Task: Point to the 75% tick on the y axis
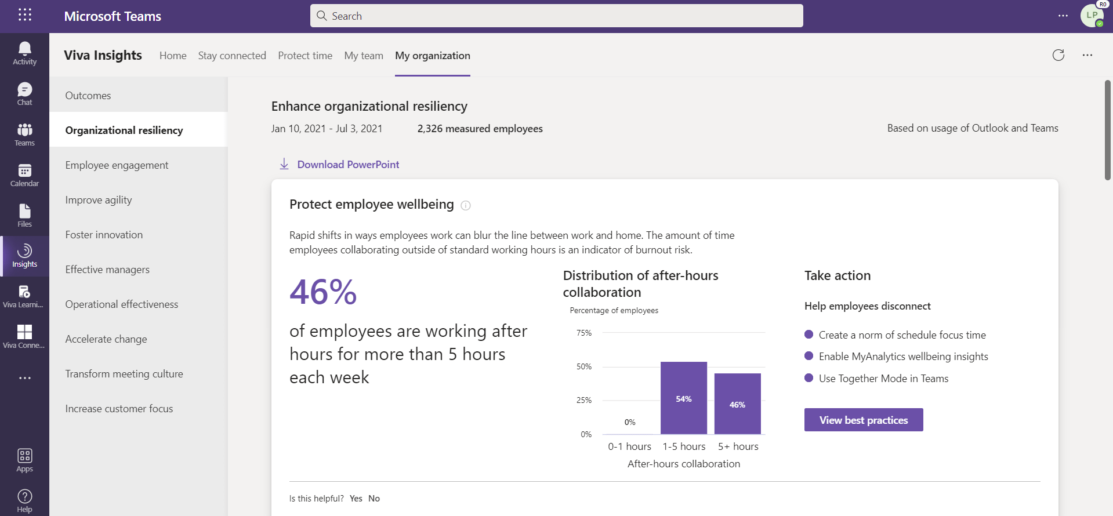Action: click(x=583, y=333)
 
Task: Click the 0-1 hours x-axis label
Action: click(x=629, y=446)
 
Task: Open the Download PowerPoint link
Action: click(x=347, y=165)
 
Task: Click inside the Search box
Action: click(x=556, y=16)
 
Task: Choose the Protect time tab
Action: click(x=305, y=56)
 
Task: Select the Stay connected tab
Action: click(x=232, y=56)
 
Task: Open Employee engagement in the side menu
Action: click(x=117, y=165)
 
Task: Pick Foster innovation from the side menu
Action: click(x=104, y=235)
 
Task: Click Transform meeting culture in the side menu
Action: click(x=124, y=374)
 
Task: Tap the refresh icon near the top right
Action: click(x=1058, y=55)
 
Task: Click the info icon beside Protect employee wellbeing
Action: click(x=465, y=205)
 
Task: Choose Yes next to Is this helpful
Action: click(x=356, y=499)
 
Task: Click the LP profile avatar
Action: click(x=1092, y=16)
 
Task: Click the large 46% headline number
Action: click(x=323, y=292)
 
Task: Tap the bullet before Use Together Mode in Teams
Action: click(x=809, y=378)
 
